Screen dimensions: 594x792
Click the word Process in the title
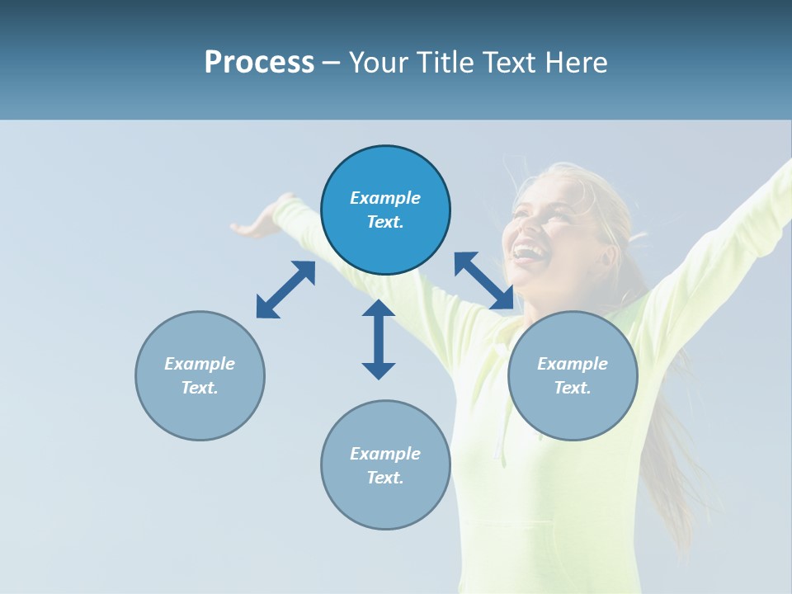[259, 63]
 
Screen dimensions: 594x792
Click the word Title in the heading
[445, 63]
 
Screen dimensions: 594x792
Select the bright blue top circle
[385, 210]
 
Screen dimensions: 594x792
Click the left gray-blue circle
[200, 375]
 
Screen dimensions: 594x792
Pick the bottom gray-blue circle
[385, 465]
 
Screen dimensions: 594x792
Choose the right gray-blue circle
[573, 375]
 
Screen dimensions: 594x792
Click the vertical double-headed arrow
[379, 339]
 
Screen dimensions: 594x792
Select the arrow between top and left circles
[285, 290]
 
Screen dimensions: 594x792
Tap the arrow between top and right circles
[483, 280]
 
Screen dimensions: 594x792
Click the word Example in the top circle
[385, 198]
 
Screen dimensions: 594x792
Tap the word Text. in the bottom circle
[385, 478]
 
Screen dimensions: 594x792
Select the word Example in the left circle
[200, 364]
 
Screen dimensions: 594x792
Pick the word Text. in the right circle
[573, 388]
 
